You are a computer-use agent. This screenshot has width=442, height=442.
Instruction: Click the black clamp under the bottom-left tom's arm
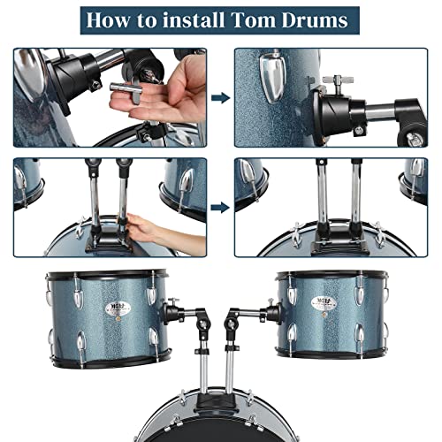202,329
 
